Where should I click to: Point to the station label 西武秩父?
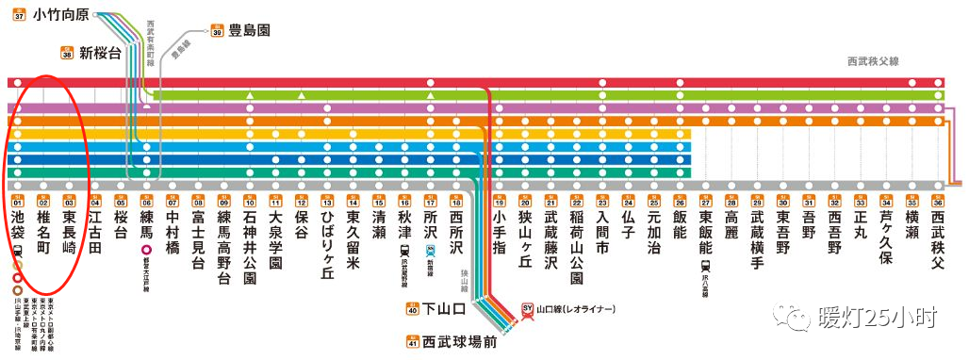pos(938,239)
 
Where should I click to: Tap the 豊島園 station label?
pos(249,30)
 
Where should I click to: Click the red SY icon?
pos(528,309)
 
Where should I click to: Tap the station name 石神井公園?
pos(250,247)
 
